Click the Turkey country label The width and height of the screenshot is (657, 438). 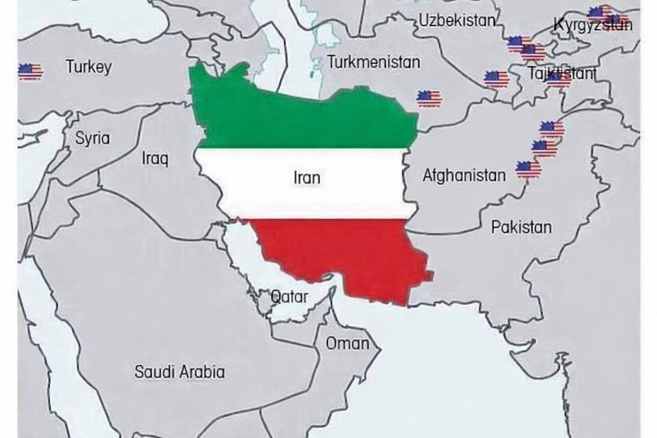pyautogui.click(x=89, y=67)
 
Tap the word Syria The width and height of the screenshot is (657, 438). pyautogui.click(x=92, y=138)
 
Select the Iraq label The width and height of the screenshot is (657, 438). pyautogui.click(x=155, y=159)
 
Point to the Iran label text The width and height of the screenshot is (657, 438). pyautogui.click(x=307, y=178)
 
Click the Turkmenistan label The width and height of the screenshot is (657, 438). pyautogui.click(x=374, y=62)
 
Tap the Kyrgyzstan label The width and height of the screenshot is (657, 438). pyautogui.click(x=592, y=25)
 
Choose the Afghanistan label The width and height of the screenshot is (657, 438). pyautogui.click(x=464, y=176)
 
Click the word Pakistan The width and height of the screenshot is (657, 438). pyautogui.click(x=521, y=227)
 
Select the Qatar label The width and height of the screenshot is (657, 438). pyautogui.click(x=290, y=298)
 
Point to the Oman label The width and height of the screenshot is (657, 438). pyautogui.click(x=348, y=344)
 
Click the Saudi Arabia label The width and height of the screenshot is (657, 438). pyautogui.click(x=180, y=372)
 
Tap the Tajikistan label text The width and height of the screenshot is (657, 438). pyautogui.click(x=562, y=73)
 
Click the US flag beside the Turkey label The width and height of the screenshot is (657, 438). pyautogui.click(x=30, y=71)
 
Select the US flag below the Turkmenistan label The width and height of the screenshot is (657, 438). pyautogui.click(x=429, y=99)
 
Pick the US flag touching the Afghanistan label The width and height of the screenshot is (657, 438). pyautogui.click(x=528, y=169)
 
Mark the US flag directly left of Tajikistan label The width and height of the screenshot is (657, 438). pyautogui.click(x=497, y=79)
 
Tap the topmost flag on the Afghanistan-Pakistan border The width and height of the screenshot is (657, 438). pyautogui.click(x=551, y=129)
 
